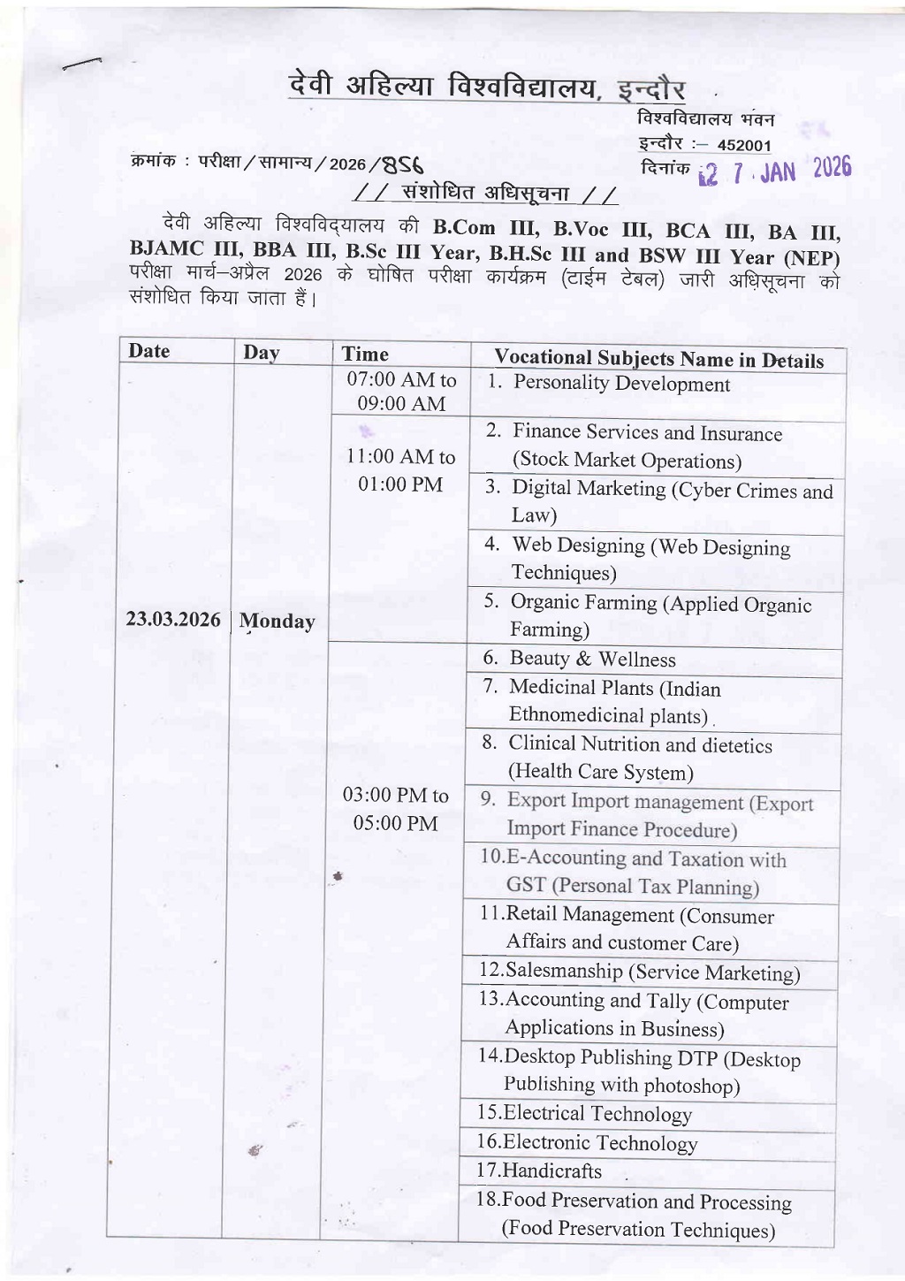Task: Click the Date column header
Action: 148,351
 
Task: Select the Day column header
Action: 261,353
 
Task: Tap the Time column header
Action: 365,355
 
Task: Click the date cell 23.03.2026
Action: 172,619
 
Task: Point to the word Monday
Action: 277,621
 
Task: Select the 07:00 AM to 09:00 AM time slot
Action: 401,392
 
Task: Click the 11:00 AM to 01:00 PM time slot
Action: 400,470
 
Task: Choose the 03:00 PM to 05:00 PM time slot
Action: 395,809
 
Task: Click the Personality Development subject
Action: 621,384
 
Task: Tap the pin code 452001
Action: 744,146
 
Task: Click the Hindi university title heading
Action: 487,88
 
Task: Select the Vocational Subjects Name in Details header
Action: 658,359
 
